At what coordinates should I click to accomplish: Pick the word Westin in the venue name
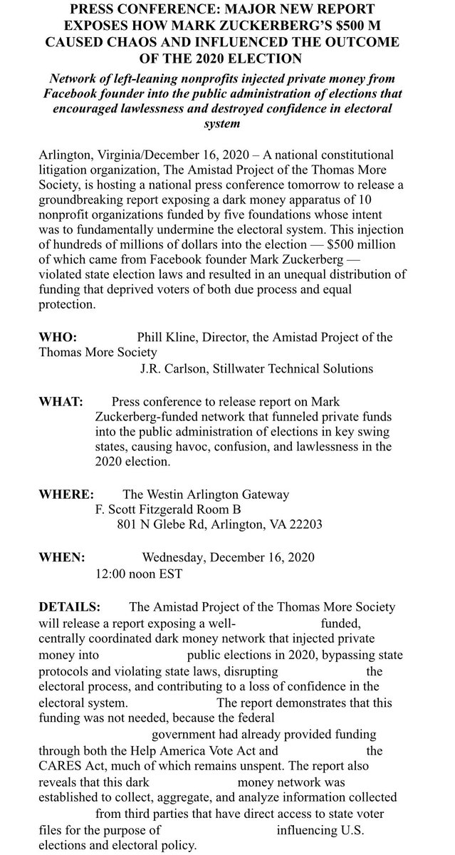[169, 494]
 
